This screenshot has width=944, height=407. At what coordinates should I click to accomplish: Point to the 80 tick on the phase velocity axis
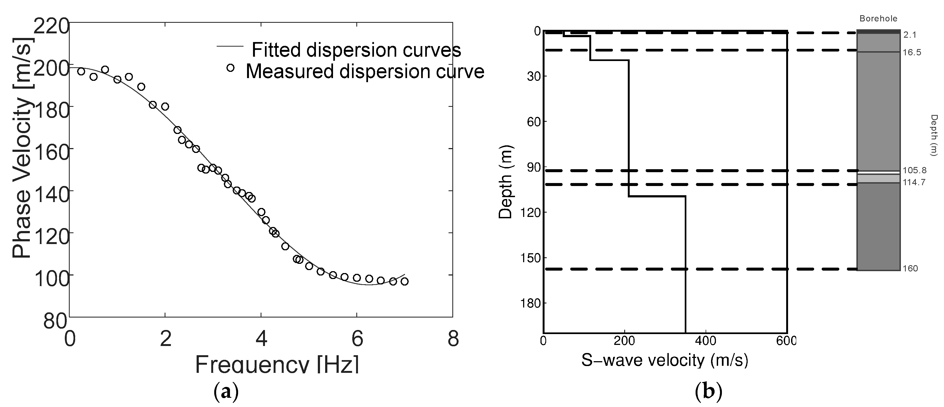(x=55, y=321)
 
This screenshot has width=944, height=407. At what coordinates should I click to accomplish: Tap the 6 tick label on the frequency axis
(x=357, y=339)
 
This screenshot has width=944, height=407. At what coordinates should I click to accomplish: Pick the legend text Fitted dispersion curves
(x=356, y=50)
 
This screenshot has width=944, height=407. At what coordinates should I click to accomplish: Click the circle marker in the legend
(x=230, y=68)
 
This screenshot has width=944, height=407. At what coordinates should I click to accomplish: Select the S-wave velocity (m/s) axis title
(x=665, y=360)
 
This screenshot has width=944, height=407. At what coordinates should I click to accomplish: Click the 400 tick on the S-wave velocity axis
(x=705, y=341)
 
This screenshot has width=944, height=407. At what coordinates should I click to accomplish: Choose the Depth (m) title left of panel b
(x=506, y=182)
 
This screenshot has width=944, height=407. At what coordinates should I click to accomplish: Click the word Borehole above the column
(x=878, y=19)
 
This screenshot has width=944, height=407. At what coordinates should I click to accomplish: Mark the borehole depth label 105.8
(x=914, y=170)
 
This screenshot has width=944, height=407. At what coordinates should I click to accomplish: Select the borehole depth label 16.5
(x=912, y=52)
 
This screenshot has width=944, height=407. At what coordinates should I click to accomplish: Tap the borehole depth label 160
(x=910, y=268)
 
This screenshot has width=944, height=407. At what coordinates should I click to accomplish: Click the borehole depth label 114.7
(x=914, y=182)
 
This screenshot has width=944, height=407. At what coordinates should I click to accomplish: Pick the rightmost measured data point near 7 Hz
(x=404, y=281)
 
